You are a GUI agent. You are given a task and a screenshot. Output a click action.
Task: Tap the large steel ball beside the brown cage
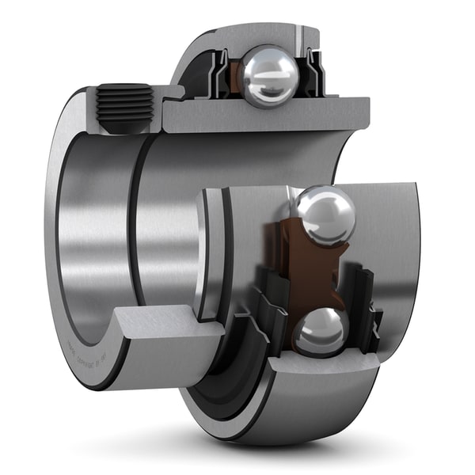pos(325,216)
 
